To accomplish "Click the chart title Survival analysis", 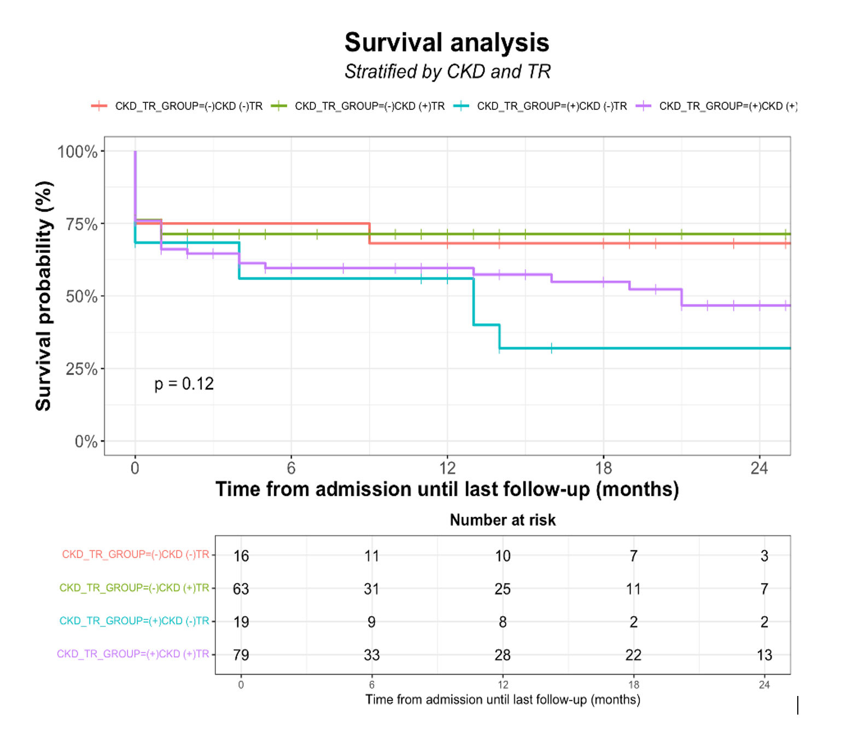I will pos(447,43).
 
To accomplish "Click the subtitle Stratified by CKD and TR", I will pos(447,72).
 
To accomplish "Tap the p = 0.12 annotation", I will pos(184,384).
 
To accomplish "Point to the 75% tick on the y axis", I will pos(81,224).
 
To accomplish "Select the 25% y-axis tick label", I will pos(81,369).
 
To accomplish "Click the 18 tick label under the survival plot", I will pos(603,468).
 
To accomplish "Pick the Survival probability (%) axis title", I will pos(44,295).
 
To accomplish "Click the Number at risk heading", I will pos(503,520).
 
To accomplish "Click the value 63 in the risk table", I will pos(241,589).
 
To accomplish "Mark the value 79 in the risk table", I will pos(241,655).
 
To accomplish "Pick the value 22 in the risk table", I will pos(633,655).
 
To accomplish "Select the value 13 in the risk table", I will pos(764,655).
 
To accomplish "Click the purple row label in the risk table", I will pos(133,654).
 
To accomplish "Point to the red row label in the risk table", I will pos(136,555).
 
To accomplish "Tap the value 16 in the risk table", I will pos(241,556).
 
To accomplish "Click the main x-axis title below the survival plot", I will pos(447,489).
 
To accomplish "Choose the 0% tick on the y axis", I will pos(86,442).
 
